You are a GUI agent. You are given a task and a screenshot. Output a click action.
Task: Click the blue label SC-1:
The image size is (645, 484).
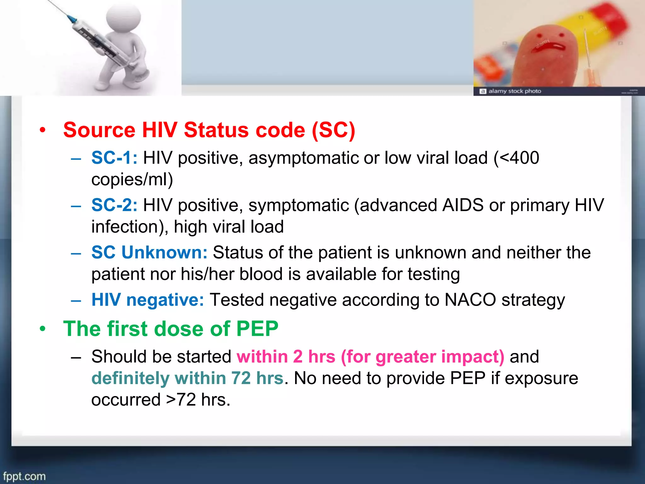[114, 158]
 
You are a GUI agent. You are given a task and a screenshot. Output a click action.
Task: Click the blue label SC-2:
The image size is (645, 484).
[114, 205]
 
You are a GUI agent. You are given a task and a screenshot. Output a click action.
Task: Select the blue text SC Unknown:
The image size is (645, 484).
[149, 252]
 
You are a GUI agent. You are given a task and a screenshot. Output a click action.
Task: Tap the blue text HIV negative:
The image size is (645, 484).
[148, 300]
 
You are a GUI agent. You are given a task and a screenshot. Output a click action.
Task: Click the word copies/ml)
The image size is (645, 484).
[132, 180]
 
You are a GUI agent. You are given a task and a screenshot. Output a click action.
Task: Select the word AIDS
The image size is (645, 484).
[463, 205]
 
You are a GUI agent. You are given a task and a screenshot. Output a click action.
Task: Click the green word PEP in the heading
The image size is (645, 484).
[257, 329]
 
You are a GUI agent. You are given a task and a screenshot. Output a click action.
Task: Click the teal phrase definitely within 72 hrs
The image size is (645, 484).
[187, 378]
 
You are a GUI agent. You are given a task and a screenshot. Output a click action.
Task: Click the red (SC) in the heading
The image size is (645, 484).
[334, 130]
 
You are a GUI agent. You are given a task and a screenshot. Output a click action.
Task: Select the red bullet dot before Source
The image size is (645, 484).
[43, 130]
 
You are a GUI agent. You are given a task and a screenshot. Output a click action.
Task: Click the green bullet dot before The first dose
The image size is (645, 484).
[43, 329]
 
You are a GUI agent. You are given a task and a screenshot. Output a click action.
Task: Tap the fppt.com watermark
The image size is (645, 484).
[24, 476]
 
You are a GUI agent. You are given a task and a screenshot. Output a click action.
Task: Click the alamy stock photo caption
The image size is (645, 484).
[514, 91]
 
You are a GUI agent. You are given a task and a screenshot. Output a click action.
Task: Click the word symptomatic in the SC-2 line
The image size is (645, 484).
[299, 205]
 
